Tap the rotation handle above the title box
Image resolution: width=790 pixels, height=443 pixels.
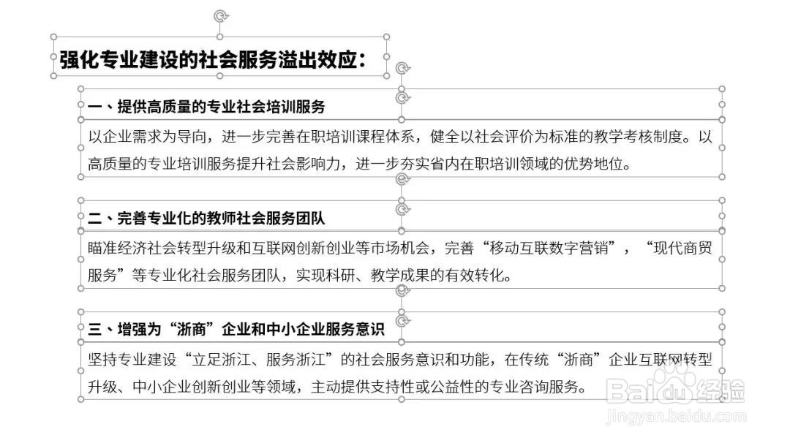[x=220, y=16]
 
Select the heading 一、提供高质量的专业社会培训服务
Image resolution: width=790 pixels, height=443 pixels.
[x=206, y=106]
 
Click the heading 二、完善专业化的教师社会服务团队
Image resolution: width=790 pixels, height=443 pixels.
[x=206, y=218]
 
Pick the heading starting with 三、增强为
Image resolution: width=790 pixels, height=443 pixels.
[x=236, y=329]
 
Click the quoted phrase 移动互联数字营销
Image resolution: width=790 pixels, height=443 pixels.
[x=549, y=248]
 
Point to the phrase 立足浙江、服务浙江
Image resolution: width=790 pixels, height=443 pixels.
[x=258, y=360]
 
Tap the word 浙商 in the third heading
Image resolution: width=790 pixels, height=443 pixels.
[x=192, y=329]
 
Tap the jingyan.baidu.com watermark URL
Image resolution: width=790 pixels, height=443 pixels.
[x=676, y=417]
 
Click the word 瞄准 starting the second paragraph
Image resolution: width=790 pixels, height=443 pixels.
[x=102, y=248]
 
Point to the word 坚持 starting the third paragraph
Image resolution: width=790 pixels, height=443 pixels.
[x=102, y=360]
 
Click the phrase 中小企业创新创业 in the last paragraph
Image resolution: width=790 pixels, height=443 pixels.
[x=192, y=387]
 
